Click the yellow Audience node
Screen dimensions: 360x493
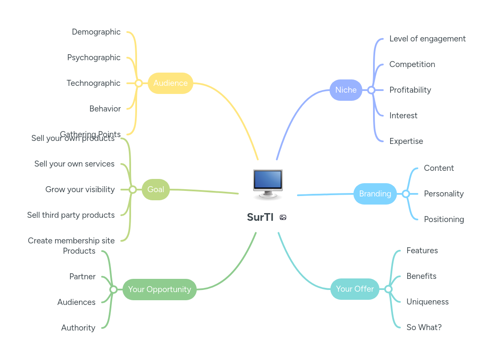click(x=170, y=83)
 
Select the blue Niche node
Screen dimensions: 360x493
click(x=346, y=90)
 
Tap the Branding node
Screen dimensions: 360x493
click(x=375, y=194)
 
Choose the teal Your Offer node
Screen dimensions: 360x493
click(x=355, y=289)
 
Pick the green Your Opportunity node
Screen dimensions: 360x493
click(x=159, y=290)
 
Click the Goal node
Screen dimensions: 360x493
click(x=155, y=190)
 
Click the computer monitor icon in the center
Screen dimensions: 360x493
click(x=268, y=184)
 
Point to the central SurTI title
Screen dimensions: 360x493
click(x=260, y=217)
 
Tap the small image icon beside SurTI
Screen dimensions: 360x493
click(x=283, y=217)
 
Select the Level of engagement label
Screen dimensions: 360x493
click(x=427, y=39)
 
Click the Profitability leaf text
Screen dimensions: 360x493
click(x=410, y=90)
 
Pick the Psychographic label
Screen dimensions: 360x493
click(x=94, y=58)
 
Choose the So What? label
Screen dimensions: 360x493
click(x=424, y=328)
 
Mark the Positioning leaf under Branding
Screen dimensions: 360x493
click(x=444, y=220)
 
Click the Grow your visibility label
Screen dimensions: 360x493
click(x=80, y=190)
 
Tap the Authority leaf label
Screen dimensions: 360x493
click(x=78, y=328)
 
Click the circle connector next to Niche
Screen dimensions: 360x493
click(x=371, y=90)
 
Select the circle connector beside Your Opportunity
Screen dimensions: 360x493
click(x=113, y=290)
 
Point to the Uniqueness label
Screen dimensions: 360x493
click(x=427, y=302)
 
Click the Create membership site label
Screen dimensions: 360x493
click(x=71, y=241)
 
